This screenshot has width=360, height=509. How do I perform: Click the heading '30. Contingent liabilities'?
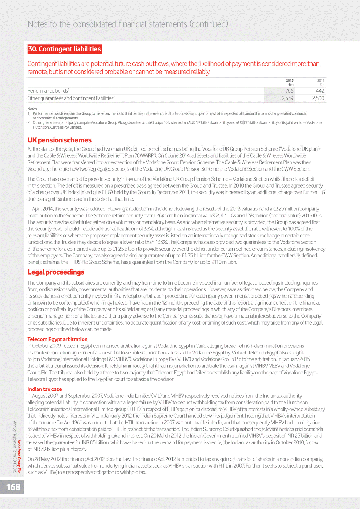pyautogui.click(x=64, y=49)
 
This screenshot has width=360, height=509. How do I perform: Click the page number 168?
pyautogui.click(x=13, y=487)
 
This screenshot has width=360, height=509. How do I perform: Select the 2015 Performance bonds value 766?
pyautogui.click(x=289, y=91)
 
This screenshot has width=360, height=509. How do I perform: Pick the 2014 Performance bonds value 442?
pyautogui.click(x=320, y=91)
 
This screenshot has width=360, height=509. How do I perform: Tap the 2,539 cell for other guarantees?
pyautogui.click(x=287, y=98)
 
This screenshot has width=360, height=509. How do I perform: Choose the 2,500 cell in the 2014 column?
pyautogui.click(x=318, y=98)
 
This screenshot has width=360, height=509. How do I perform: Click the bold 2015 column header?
pyautogui.click(x=290, y=80)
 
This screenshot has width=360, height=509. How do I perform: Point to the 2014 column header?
pyautogui.click(x=321, y=80)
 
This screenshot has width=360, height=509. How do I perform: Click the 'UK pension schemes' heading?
pyautogui.click(x=59, y=140)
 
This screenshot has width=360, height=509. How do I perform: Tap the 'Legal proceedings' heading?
pyautogui.click(x=56, y=272)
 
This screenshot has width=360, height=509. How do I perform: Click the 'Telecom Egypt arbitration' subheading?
pyautogui.click(x=57, y=339)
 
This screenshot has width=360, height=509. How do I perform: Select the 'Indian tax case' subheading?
pyautogui.click(x=44, y=389)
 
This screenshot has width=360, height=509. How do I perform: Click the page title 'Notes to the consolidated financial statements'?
pyautogui.click(x=128, y=24)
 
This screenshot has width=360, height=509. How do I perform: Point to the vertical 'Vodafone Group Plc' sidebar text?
pyautogui.click(x=19, y=456)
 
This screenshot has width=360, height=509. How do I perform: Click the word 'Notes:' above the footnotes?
pyautogui.click(x=32, y=109)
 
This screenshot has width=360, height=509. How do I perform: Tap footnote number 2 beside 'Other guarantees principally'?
pyautogui.click(x=28, y=123)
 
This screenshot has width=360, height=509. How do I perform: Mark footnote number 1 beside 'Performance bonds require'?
pyautogui.click(x=28, y=114)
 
